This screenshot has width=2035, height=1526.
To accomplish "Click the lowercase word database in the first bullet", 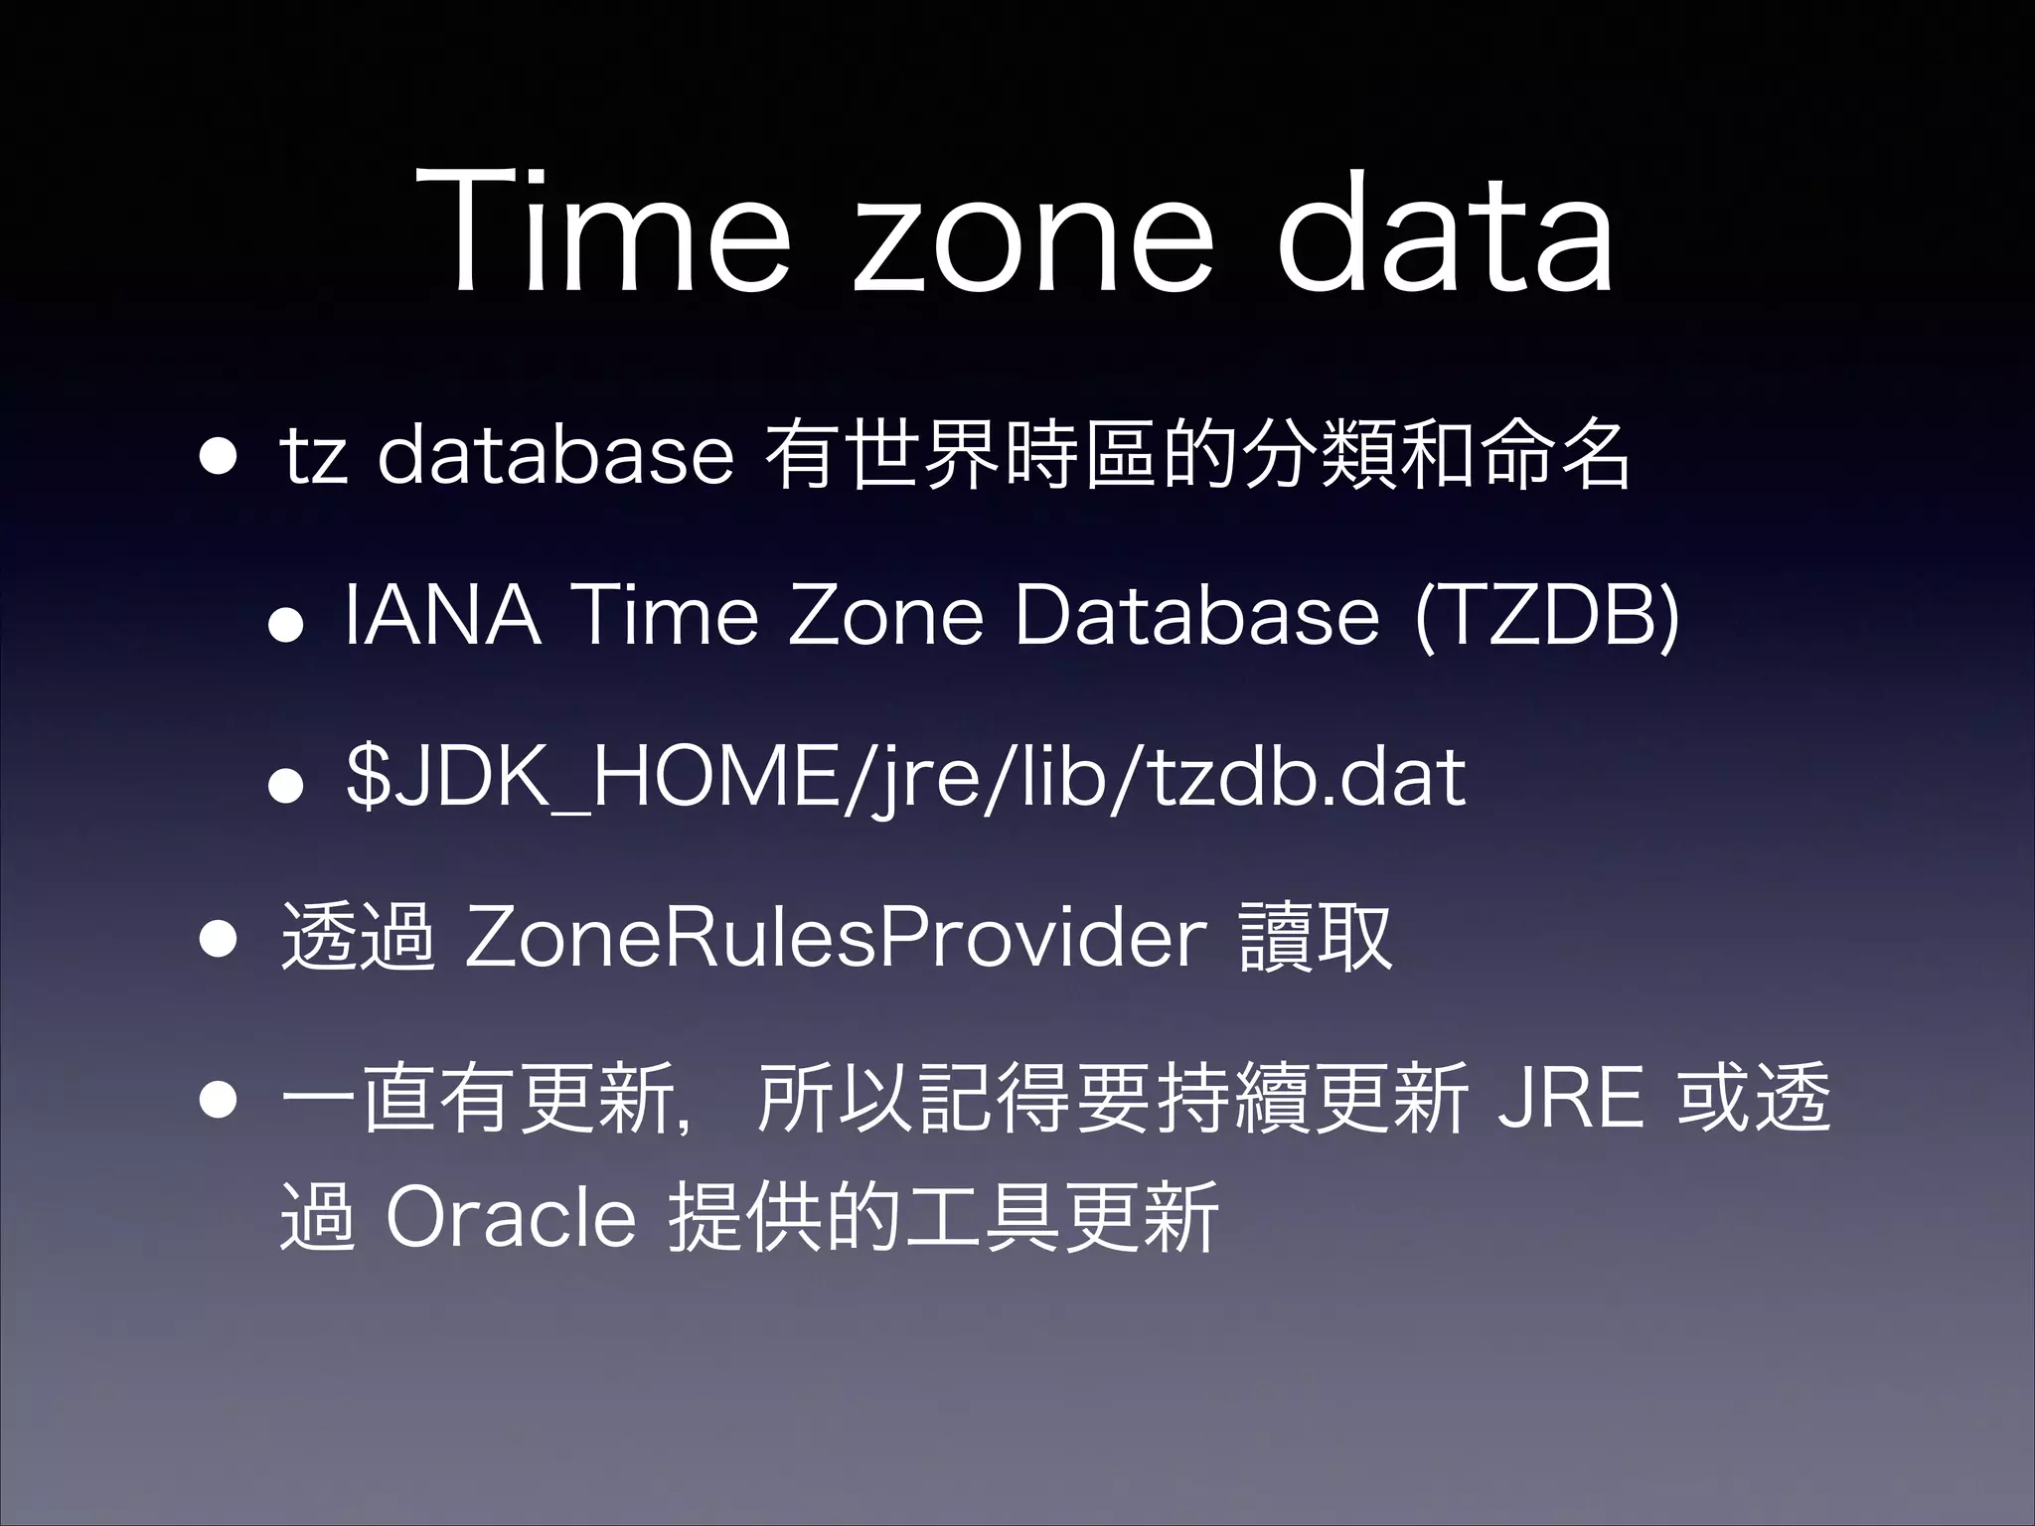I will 554,457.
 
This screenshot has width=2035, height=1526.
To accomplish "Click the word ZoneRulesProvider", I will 836,939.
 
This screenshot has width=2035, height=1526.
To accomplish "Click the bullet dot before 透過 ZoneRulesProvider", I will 217,940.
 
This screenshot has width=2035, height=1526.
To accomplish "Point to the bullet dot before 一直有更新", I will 217,1101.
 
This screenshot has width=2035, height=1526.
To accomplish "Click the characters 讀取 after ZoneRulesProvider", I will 1316,938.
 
